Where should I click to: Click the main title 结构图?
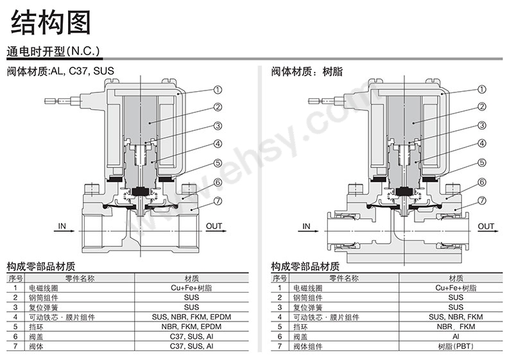click(x=51, y=22)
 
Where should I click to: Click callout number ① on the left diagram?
click(x=218, y=90)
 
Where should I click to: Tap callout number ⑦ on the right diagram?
click(x=482, y=201)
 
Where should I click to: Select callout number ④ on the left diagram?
click(x=218, y=144)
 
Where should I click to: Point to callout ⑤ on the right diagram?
click(x=482, y=162)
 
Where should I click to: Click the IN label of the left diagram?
click(x=62, y=226)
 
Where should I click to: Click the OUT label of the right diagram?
click(x=486, y=226)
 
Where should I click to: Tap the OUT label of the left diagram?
click(x=214, y=226)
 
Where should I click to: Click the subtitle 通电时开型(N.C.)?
click(x=53, y=51)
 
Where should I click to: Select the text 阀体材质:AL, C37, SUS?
click(x=60, y=71)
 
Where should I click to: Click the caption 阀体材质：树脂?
click(x=307, y=71)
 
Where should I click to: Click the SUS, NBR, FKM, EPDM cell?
click(x=191, y=317)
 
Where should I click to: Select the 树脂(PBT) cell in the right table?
click(x=456, y=346)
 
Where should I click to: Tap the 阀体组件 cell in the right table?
click(x=307, y=346)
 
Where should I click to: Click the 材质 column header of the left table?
click(x=191, y=278)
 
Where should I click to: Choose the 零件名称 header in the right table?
click(x=344, y=278)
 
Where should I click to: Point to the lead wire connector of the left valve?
click(x=62, y=101)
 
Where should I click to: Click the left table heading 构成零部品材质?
click(x=41, y=266)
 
